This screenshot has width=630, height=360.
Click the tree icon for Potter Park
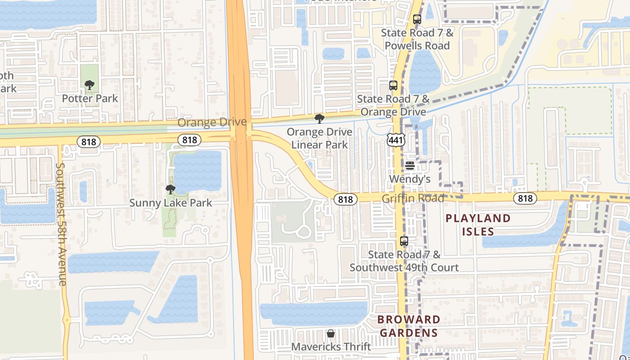click(90, 85)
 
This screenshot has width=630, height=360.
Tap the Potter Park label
click(90, 98)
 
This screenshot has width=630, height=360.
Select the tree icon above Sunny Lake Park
click(170, 189)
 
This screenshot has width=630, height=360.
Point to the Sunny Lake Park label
click(171, 203)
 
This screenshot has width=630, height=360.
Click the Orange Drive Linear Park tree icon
click(319, 119)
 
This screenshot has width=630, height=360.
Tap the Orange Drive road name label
click(212, 122)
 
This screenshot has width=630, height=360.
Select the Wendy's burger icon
click(409, 166)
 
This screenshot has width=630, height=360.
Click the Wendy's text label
click(409, 179)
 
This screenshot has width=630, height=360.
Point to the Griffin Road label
click(413, 198)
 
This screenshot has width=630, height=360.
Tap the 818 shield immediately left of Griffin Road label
click(346, 199)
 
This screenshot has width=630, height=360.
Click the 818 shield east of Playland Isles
click(525, 198)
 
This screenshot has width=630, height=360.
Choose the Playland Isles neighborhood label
click(478, 225)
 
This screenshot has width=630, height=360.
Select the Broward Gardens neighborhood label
click(409, 326)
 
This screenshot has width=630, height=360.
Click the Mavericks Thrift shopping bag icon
click(331, 333)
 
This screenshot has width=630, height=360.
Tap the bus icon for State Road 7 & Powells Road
click(417, 19)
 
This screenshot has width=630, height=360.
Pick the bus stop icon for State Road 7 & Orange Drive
click(393, 85)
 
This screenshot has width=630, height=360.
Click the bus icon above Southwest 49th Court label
click(404, 241)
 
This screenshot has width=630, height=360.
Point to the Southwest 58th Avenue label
click(61, 224)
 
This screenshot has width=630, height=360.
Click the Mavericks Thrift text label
click(331, 347)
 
